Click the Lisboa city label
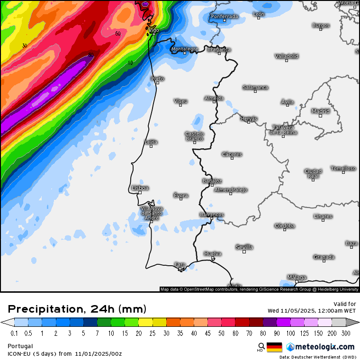140,188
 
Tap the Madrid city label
320,111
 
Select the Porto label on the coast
158,79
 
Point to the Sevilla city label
244,247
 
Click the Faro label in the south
180,264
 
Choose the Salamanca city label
255,87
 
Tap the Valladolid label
287,56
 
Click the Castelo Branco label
194,136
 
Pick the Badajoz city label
212,180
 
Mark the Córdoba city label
284,226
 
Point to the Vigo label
154,30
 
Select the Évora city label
180,195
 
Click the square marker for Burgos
321,29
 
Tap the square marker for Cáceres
232,158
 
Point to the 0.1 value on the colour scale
14,333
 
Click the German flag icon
274,347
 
